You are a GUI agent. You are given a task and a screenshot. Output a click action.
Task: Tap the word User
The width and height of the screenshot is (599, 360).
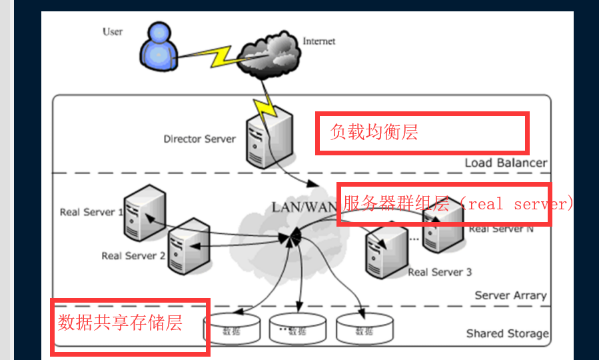click(x=113, y=31)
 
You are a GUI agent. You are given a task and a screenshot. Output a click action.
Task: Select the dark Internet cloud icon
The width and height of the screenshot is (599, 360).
click(x=265, y=54)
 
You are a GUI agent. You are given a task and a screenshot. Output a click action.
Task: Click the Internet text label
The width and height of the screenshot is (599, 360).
click(x=319, y=41)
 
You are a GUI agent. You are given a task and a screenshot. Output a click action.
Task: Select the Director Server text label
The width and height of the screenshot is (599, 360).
click(x=199, y=139)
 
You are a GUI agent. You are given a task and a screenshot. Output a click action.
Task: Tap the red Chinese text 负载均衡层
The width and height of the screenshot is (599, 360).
click(x=374, y=133)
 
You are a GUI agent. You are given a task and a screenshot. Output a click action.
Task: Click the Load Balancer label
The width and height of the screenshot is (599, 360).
click(x=506, y=163)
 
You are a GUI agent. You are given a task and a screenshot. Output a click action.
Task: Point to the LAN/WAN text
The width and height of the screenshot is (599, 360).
click(x=303, y=207)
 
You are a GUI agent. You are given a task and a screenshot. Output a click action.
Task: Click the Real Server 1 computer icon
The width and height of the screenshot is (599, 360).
click(x=144, y=213)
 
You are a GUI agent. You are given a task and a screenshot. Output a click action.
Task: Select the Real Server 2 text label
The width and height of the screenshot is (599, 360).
click(x=133, y=256)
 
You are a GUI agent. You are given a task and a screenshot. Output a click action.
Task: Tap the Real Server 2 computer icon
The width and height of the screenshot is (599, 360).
click(x=188, y=245)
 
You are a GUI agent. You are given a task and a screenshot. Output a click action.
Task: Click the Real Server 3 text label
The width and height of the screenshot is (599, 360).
click(x=440, y=272)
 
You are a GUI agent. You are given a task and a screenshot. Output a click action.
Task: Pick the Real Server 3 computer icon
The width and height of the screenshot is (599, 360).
click(x=386, y=253)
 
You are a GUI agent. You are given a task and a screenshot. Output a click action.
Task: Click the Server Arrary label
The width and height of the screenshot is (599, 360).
click(x=510, y=295)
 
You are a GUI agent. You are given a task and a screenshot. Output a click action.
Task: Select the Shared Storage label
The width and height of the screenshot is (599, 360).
click(x=507, y=333)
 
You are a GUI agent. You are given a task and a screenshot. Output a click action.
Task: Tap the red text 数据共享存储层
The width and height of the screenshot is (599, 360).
click(x=120, y=323)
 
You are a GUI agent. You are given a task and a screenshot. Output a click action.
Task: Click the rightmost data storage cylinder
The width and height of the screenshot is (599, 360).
click(x=363, y=329)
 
